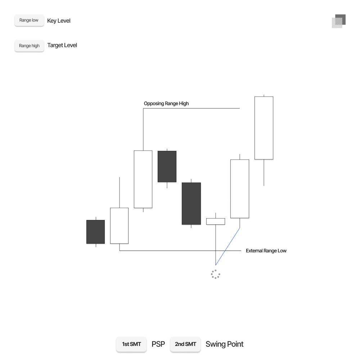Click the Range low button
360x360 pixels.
[29, 21]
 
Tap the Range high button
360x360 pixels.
[29, 46]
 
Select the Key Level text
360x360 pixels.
[59, 21]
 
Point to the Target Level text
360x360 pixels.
[62, 45]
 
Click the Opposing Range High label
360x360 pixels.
[166, 104]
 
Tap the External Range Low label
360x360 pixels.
[266, 251]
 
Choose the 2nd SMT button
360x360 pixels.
[185, 344]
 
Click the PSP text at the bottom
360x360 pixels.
[158, 344]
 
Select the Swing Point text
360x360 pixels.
[224, 344]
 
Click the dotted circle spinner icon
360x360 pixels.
[215, 274]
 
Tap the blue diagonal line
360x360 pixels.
[228, 247]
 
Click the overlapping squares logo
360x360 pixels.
[338, 21]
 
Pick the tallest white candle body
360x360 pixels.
[264, 128]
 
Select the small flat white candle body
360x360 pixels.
[215, 221]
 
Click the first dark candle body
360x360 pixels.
[95, 232]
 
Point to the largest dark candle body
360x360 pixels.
[191, 203]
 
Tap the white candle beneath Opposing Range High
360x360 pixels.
[143, 179]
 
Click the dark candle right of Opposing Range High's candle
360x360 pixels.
[167, 166]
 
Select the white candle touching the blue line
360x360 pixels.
[239, 189]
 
